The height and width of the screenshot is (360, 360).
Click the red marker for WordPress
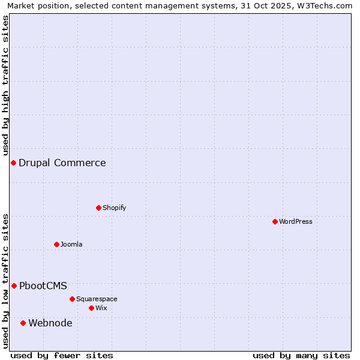point(275,221)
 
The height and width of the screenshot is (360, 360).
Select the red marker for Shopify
point(98,208)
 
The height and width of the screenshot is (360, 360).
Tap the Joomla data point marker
point(56,244)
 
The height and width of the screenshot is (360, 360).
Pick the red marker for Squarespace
point(72,299)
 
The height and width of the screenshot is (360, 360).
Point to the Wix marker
point(91,308)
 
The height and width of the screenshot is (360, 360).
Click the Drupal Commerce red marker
point(13,163)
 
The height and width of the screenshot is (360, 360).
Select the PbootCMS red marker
point(14,286)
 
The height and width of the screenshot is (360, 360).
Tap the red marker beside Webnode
point(23,323)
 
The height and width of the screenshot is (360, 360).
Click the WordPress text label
point(296,221)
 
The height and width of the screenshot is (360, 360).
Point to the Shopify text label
point(114,208)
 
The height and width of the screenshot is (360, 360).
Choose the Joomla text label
point(71,244)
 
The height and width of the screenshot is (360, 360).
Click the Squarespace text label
point(97,299)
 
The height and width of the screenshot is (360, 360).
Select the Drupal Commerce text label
point(62,163)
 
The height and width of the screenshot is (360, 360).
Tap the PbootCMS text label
point(43,286)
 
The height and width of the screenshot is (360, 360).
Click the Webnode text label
point(50,323)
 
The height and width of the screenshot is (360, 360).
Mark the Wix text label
point(101,308)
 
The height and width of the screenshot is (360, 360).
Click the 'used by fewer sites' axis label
point(62,355)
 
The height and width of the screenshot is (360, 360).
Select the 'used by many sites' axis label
point(301,355)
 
